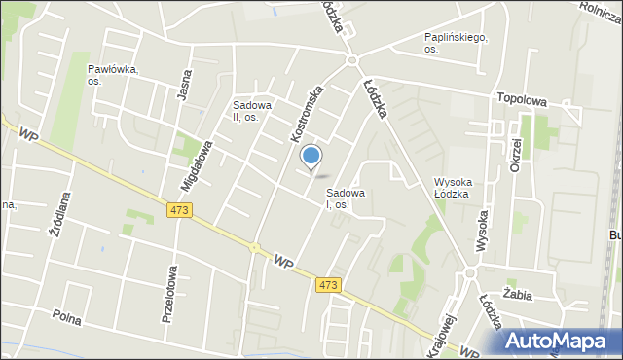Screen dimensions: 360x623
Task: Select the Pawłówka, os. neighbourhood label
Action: coord(112,75)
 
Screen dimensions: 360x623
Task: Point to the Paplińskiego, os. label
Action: coord(456,43)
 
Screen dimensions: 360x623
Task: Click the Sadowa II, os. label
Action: coord(251,110)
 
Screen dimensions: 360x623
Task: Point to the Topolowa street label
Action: coord(521,99)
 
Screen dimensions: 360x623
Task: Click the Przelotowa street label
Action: coord(167,293)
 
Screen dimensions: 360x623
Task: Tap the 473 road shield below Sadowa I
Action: coord(328,284)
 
